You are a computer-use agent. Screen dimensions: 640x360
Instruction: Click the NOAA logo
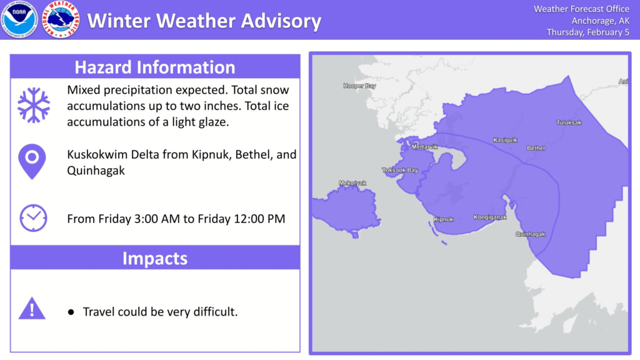click(x=19, y=19)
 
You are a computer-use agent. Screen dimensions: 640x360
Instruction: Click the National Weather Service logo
click(x=61, y=19)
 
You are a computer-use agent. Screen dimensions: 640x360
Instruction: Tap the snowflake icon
click(x=34, y=105)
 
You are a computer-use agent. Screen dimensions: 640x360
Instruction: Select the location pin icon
click(x=32, y=161)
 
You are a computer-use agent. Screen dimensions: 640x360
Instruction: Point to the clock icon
click(x=34, y=218)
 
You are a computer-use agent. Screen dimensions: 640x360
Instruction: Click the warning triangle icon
click(x=32, y=309)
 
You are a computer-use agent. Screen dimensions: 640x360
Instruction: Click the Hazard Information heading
click(x=155, y=67)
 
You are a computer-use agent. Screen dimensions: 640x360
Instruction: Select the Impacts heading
click(x=155, y=258)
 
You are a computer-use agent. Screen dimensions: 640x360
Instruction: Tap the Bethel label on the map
click(x=536, y=147)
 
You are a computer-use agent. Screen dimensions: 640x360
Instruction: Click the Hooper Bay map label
click(x=359, y=86)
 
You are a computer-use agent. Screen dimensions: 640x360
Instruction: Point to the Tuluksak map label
click(x=569, y=122)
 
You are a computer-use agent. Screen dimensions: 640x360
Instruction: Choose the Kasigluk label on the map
click(x=505, y=140)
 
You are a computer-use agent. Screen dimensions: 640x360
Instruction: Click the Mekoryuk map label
click(x=352, y=183)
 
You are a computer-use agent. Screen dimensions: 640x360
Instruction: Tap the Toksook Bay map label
click(x=400, y=170)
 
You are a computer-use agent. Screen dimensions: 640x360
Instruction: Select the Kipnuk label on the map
click(x=443, y=219)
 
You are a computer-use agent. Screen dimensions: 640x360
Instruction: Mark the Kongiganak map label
click(x=490, y=217)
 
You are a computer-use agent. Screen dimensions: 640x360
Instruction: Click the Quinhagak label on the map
click(x=530, y=234)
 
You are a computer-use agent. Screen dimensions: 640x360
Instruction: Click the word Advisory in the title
click(x=281, y=21)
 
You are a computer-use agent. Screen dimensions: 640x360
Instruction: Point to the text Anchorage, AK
click(x=601, y=21)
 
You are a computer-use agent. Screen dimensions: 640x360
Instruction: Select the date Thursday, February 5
click(x=588, y=32)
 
